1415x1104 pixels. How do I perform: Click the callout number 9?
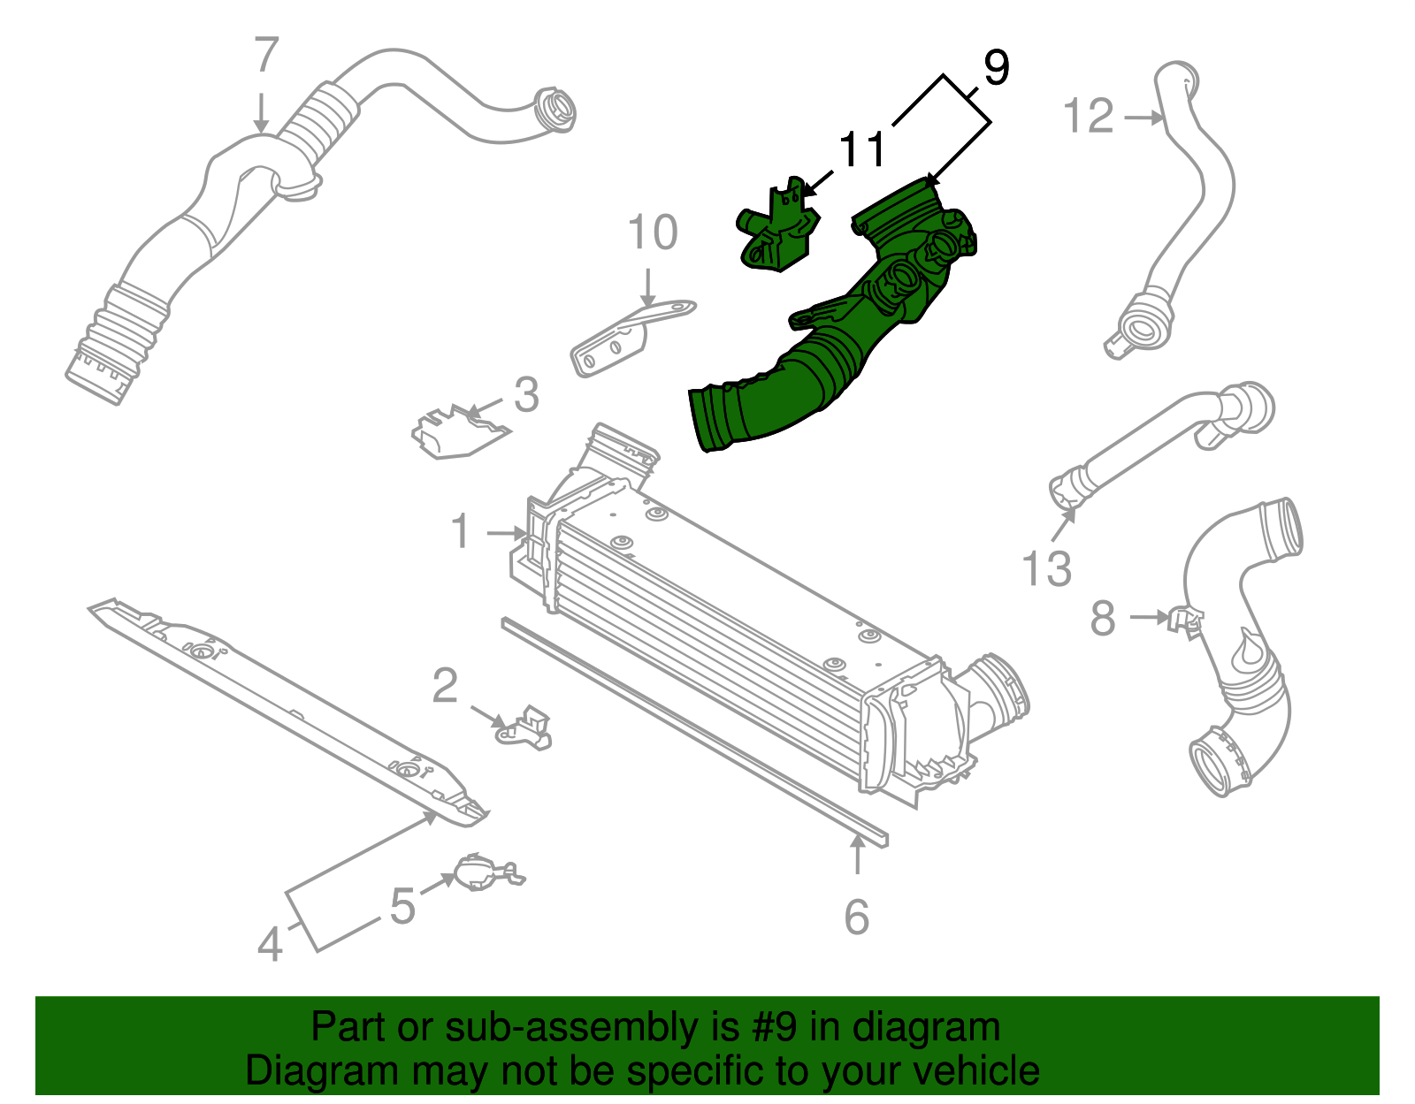coord(996,68)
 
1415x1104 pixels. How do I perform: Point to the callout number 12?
coord(1088,117)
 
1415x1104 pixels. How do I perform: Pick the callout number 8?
coord(1103,618)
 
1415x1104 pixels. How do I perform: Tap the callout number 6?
coord(856,917)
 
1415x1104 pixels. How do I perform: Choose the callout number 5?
coord(403,907)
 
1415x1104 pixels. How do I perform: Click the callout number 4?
coord(271,944)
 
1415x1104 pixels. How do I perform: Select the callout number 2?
coord(446,686)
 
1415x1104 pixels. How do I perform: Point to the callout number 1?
coord(461,532)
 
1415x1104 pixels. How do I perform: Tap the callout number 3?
coord(526,395)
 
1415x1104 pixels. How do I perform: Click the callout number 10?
coord(653,233)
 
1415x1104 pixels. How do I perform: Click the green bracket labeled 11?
coord(776,232)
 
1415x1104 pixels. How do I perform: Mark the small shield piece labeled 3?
coord(457,432)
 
